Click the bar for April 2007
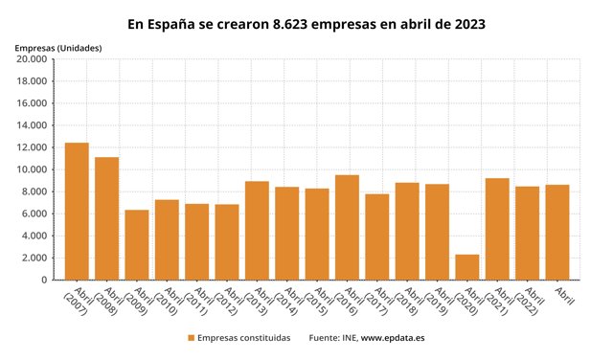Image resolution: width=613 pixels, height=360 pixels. pyautogui.click(x=77, y=211)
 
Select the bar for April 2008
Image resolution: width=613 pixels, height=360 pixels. pyautogui.click(x=106, y=218)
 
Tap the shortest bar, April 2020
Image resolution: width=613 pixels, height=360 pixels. pyautogui.click(x=467, y=267)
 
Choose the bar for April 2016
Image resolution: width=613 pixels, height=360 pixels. pyautogui.click(x=347, y=227)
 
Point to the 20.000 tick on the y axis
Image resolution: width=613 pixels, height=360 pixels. pyautogui.click(x=32, y=59)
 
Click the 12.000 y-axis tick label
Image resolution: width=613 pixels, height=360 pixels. pyautogui.click(x=32, y=147)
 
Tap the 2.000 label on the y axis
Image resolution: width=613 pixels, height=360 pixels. pyautogui.click(x=34, y=259)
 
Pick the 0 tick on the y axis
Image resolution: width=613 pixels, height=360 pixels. pyautogui.click(x=44, y=281)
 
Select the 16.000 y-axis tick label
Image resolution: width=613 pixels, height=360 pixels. pyautogui.click(x=32, y=103)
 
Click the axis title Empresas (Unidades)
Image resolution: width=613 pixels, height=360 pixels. pyautogui.click(x=57, y=47)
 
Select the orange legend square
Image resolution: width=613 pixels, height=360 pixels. pyautogui.click(x=192, y=338)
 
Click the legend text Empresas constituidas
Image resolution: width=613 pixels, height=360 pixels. pyautogui.click(x=244, y=338)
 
